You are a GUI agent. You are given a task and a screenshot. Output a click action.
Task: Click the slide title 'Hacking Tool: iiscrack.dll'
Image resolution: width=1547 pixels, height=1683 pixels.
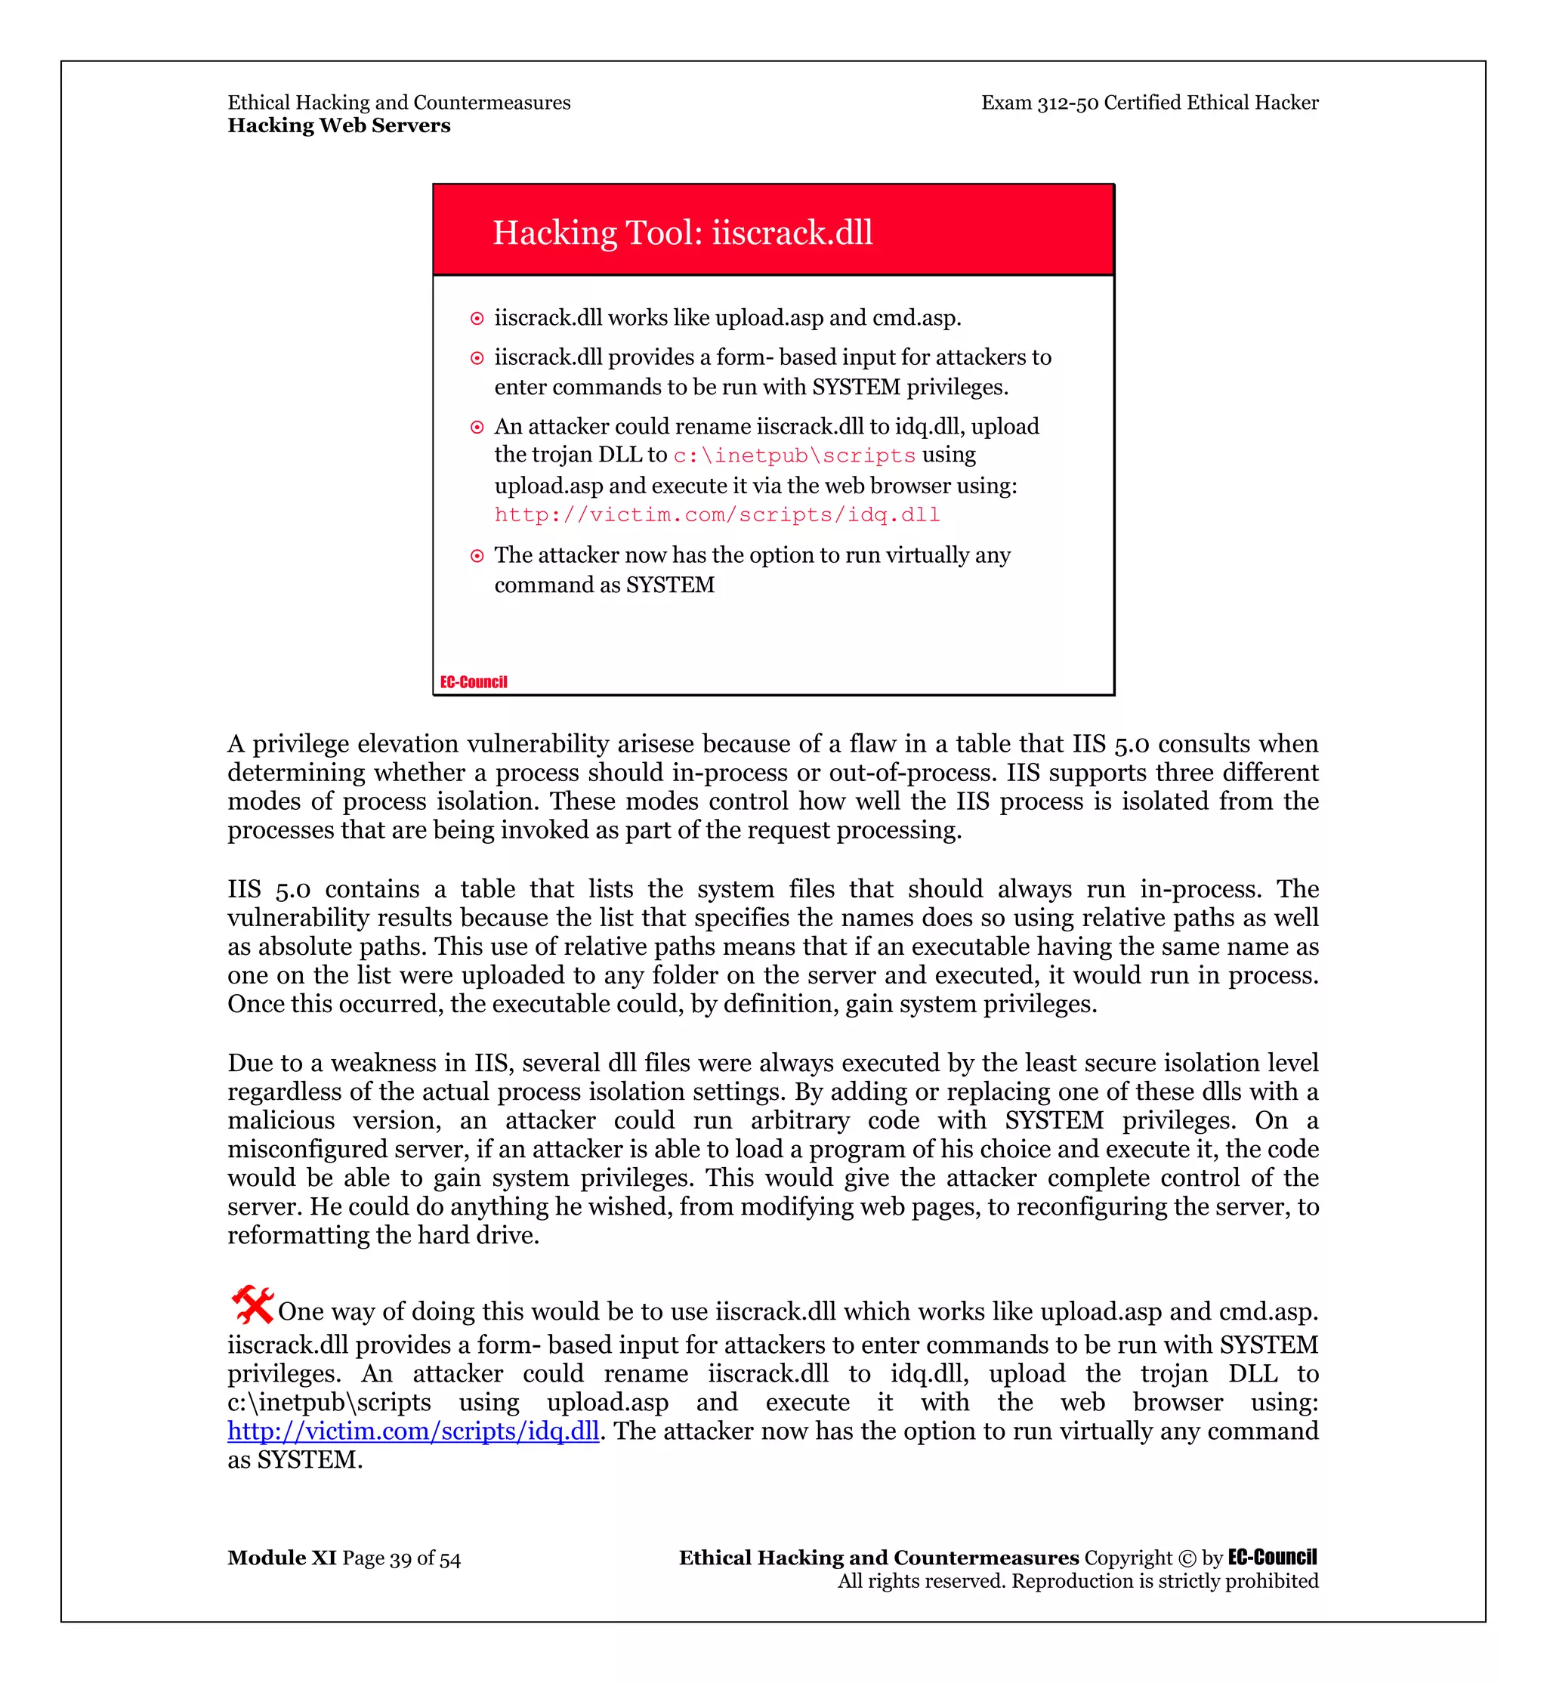(682, 233)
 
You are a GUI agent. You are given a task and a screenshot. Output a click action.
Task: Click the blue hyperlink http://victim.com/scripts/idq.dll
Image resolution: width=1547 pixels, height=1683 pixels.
(412, 1431)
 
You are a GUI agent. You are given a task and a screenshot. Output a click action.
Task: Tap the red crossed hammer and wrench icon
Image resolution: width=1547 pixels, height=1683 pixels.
(252, 1305)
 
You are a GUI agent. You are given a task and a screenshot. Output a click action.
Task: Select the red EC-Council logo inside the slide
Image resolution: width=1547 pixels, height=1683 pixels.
(474, 681)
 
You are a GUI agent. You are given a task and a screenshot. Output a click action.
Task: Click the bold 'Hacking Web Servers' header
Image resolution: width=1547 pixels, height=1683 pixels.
(339, 125)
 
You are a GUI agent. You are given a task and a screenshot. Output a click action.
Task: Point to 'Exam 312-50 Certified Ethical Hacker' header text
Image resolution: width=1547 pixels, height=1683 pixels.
(1150, 103)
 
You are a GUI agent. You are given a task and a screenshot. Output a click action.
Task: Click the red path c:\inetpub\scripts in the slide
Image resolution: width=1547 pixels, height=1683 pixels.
(795, 455)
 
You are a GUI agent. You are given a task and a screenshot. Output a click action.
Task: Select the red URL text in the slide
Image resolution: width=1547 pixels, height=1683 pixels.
(717, 515)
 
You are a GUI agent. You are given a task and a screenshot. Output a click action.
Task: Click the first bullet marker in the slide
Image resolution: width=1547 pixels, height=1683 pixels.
(477, 319)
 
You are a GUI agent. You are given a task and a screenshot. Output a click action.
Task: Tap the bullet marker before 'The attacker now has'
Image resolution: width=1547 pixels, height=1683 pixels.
(477, 556)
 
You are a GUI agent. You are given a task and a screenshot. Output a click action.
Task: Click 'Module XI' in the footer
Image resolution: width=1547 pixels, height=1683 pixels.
(281, 1558)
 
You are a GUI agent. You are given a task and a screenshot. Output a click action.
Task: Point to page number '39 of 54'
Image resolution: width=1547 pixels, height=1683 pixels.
(425, 1559)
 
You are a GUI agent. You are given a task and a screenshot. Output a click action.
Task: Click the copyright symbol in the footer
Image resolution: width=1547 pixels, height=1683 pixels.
(1186, 1559)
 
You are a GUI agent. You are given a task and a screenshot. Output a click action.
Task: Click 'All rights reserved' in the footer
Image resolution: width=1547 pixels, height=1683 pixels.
(922, 1582)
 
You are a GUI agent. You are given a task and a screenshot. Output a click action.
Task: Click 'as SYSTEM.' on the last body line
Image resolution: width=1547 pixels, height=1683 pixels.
(295, 1460)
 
